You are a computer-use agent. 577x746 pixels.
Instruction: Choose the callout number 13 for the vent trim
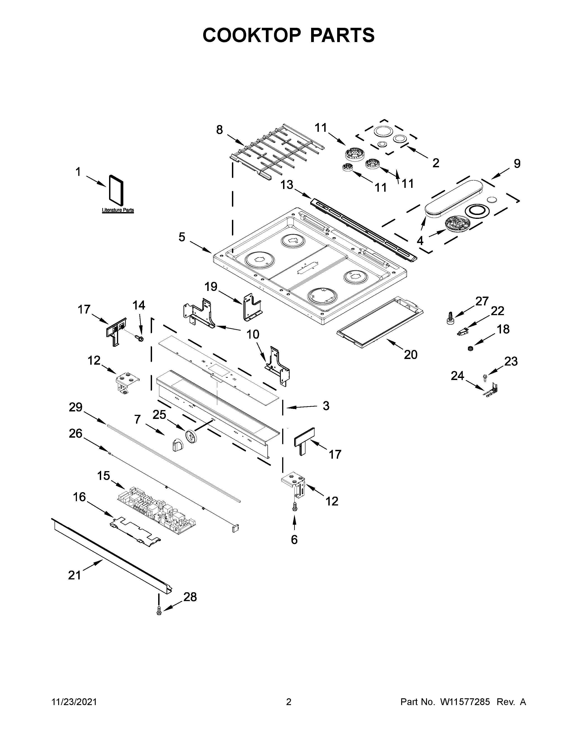pos(287,185)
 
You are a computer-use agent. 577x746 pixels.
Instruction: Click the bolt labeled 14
pos(140,338)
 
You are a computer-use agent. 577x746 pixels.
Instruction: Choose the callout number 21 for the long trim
pos(74,575)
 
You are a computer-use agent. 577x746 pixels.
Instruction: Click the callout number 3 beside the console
pos(326,406)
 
